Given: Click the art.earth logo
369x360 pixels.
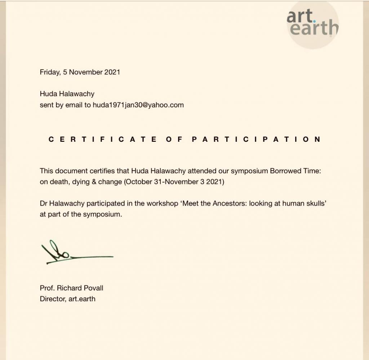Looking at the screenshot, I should point(313,23).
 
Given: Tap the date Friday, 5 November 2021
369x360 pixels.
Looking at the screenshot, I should point(80,72).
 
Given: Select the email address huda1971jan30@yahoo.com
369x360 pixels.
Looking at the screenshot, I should point(138,105).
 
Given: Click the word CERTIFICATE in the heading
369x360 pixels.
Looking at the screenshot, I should point(102,139).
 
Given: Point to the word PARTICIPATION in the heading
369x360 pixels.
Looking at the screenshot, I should point(256,139).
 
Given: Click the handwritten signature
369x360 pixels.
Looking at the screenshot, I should point(72,253).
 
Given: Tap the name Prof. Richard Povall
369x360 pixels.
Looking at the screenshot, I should point(71,288).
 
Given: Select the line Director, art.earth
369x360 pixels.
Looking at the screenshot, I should point(67,299).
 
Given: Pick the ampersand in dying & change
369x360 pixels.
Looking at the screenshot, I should point(93,182).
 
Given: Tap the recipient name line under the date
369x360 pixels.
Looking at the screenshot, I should point(67,94).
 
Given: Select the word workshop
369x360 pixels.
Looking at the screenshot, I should point(161,203).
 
